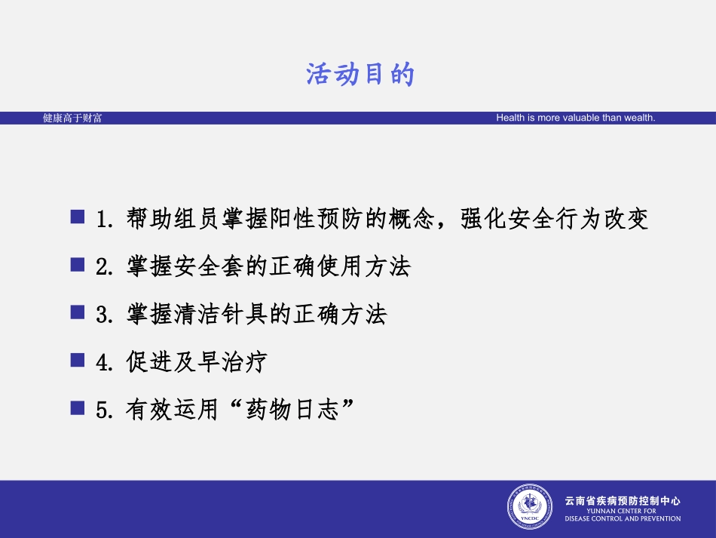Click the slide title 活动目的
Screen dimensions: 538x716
360,75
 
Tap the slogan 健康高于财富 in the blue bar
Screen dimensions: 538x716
72,118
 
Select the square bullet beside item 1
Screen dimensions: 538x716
77,217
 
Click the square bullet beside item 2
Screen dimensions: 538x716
77,265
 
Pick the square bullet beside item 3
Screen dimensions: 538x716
77,312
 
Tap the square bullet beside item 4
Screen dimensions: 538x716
77,360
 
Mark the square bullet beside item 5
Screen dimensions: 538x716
77,407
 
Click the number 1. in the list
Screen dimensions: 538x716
105,220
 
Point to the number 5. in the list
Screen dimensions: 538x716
105,410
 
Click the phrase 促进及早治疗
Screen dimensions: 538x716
196,362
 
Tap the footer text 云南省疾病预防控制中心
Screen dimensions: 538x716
623,500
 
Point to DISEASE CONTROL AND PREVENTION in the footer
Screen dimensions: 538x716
623,518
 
